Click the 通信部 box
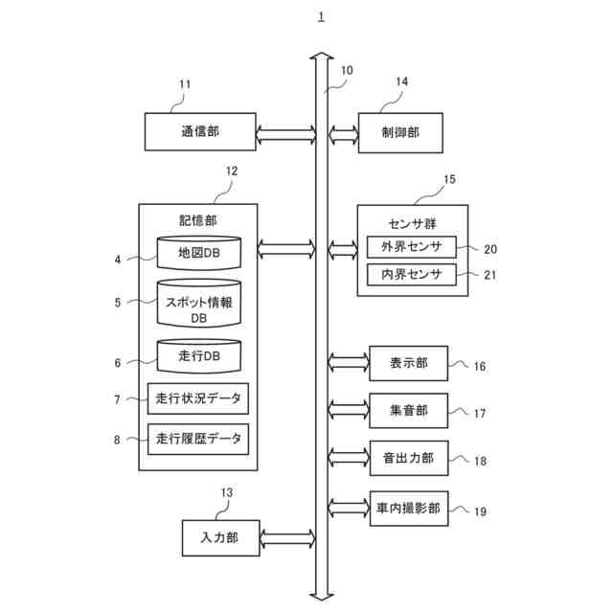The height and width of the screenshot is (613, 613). point(200,132)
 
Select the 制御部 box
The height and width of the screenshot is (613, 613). point(401,132)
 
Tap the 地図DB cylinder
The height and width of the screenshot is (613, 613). point(198,253)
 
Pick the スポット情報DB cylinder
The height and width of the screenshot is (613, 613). point(198,305)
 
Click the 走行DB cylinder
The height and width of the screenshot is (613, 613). point(198,356)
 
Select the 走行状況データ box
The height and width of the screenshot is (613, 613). point(198,397)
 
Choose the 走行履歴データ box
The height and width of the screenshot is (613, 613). point(198,439)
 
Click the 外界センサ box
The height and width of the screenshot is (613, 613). point(412,247)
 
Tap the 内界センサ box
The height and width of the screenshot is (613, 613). point(412,275)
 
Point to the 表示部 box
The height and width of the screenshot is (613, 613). point(408,363)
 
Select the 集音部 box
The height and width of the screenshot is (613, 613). point(408,410)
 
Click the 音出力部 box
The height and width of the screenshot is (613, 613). point(408,459)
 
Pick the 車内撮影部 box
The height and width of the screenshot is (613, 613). point(408,508)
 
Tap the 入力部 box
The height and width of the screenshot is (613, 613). point(219,537)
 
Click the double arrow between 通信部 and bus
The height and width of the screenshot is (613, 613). point(285,132)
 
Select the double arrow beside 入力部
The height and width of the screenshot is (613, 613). point(285,537)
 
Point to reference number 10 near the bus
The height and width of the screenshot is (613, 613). point(346,70)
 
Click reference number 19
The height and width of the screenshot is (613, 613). point(480,511)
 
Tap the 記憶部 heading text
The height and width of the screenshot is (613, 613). point(198,220)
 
